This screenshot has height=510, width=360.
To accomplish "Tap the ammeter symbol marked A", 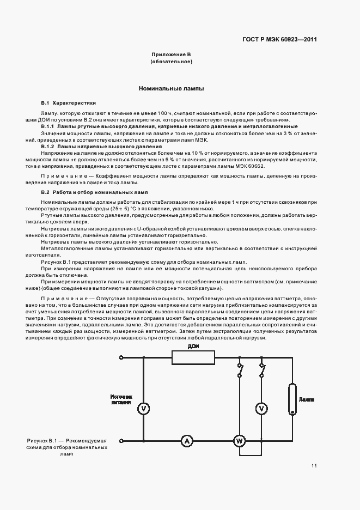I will pyautogui.click(x=186, y=442).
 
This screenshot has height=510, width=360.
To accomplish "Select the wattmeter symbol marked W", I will pyautogui.click(x=239, y=442).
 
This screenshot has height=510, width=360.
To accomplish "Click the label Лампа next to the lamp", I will pyautogui.click(x=307, y=400).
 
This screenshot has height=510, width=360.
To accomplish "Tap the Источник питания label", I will pyautogui.click(x=121, y=399).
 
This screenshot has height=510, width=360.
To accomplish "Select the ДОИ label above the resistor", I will pyautogui.click(x=193, y=346).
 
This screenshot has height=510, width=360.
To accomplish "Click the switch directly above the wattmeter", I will pyautogui.click(x=239, y=372).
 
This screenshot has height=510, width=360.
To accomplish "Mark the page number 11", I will pyautogui.click(x=314, y=466).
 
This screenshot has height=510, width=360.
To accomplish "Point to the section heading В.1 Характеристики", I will pyautogui.click(x=69, y=102).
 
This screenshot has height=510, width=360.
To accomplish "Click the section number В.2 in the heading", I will pyautogui.click(x=46, y=192).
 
